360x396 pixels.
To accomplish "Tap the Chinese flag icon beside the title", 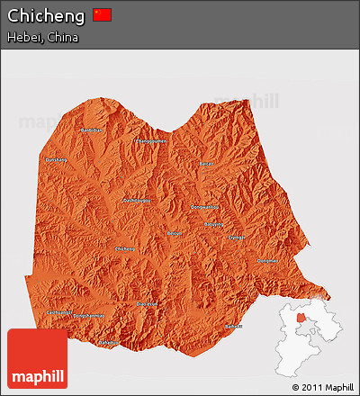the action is [103, 15].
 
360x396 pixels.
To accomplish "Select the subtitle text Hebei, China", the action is [42, 38].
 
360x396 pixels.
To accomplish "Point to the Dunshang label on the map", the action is [56, 159].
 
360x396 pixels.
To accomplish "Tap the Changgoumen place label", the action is [151, 140].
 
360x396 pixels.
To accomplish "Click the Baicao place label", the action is [206, 165].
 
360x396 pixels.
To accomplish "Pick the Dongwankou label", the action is [206, 207].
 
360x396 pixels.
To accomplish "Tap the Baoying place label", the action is [213, 224].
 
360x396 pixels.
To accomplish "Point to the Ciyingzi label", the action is [236, 238].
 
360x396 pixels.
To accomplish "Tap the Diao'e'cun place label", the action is [146, 304].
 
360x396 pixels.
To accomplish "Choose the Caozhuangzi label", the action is [58, 311].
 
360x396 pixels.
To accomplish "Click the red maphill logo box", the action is [37, 358].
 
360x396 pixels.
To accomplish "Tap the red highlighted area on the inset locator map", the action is [301, 316].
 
